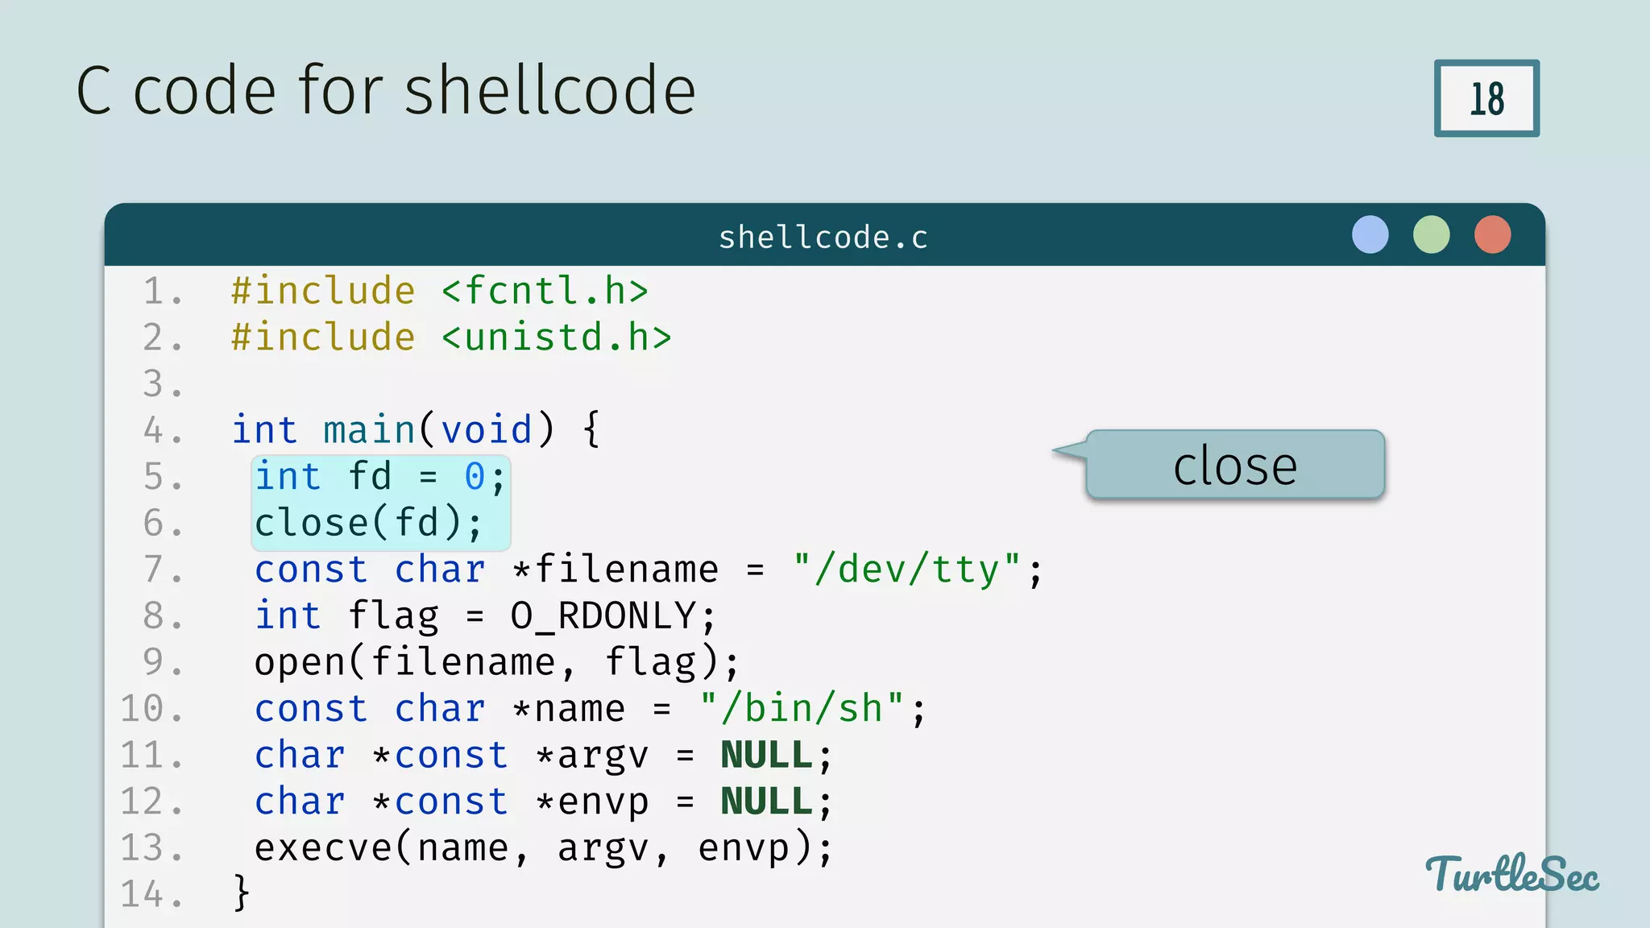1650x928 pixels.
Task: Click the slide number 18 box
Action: pos(1486,98)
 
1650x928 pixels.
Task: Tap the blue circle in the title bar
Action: pos(1370,234)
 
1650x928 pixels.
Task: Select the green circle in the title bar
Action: pos(1431,234)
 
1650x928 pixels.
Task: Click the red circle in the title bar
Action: pos(1492,234)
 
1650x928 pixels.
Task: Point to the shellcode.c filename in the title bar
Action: pos(823,237)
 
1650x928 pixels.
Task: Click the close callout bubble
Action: pos(1234,465)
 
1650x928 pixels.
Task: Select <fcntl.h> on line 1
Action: pos(545,291)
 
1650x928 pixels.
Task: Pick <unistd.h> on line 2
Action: pos(556,338)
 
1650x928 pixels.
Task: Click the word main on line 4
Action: pos(369,429)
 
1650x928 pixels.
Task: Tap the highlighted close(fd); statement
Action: pos(368,523)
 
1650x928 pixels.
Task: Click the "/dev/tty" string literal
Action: pos(906,570)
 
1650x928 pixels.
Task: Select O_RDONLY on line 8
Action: pos(603,616)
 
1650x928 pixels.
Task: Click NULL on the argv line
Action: pos(766,756)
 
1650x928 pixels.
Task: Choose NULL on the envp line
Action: pos(766,802)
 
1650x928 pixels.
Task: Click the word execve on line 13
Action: pos(323,848)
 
